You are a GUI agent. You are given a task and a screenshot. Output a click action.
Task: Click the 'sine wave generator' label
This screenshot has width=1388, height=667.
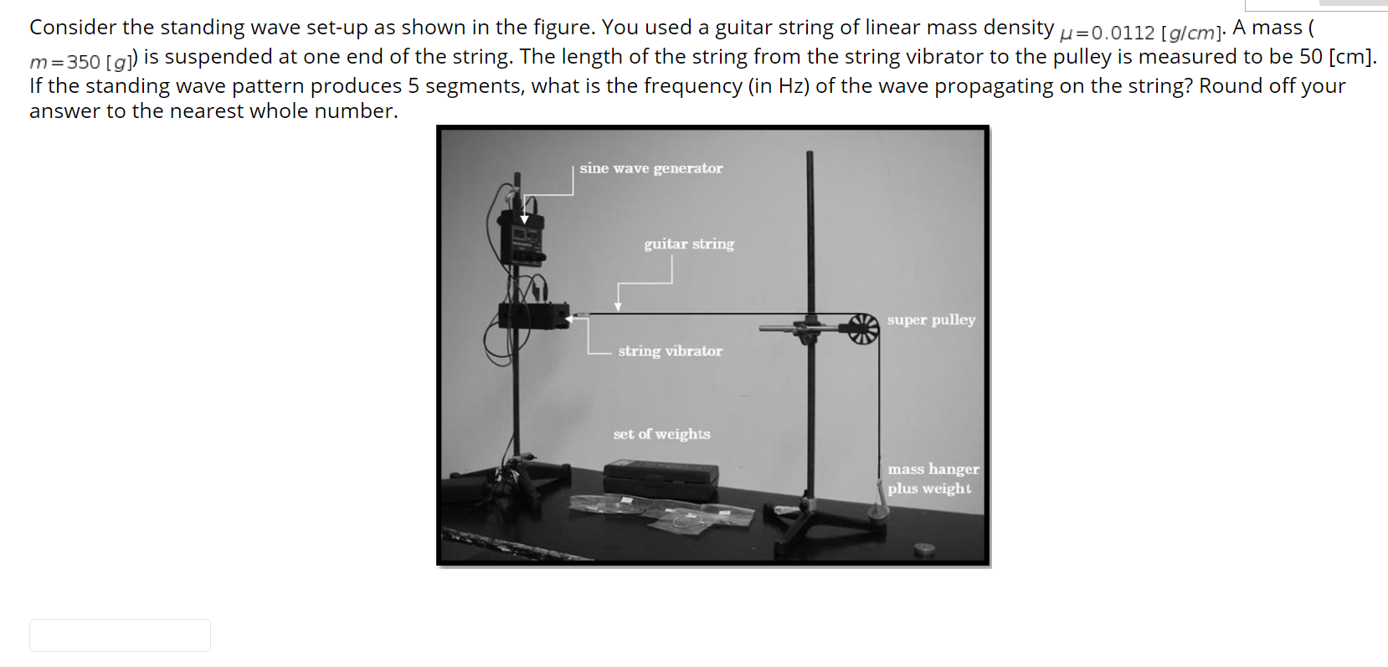coord(650,168)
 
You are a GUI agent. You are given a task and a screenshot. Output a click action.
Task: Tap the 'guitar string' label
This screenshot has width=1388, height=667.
coord(688,244)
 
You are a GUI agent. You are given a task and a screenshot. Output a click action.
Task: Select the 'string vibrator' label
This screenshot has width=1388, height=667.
coord(670,351)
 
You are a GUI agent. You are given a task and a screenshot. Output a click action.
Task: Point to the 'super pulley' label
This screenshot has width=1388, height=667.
coord(931,320)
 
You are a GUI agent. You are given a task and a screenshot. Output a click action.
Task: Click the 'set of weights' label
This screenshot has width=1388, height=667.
coord(661,434)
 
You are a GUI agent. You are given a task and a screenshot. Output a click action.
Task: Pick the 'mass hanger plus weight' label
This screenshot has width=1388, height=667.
coord(932,479)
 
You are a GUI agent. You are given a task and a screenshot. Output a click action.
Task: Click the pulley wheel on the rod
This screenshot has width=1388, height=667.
coord(863,328)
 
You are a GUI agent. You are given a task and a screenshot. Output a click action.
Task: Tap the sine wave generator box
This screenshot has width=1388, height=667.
coord(522,239)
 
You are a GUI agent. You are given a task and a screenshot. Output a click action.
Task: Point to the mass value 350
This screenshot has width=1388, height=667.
coord(83,62)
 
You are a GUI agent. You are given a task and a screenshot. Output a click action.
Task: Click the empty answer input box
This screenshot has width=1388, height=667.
coord(120,635)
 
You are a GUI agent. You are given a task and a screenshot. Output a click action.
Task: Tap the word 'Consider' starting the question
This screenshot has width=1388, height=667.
coord(72,28)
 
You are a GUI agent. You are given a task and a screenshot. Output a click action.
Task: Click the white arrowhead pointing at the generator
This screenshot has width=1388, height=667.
coord(525,219)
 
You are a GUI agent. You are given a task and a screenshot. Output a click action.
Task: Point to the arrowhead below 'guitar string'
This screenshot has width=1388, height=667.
coord(618,306)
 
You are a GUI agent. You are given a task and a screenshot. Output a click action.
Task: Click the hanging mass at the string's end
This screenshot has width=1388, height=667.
coord(876,508)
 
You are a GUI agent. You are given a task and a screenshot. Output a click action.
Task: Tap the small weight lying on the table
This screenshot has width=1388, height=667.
coord(923,549)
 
